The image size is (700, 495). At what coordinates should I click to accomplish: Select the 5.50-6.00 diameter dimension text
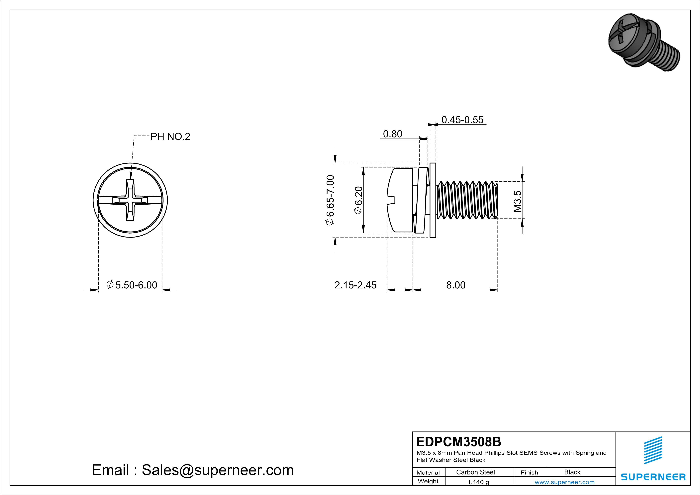pyautogui.click(x=132, y=285)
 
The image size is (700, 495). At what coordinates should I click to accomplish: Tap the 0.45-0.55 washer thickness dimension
pyautogui.click(x=462, y=120)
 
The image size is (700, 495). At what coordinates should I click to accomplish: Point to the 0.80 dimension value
pyautogui.click(x=392, y=134)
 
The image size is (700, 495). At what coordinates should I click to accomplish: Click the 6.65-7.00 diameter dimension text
pyautogui.click(x=330, y=200)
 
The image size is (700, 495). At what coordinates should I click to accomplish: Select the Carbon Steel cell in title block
pyautogui.click(x=475, y=472)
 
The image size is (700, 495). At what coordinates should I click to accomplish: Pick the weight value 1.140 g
pyautogui.click(x=478, y=482)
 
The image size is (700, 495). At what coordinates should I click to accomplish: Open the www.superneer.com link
pyautogui.click(x=564, y=482)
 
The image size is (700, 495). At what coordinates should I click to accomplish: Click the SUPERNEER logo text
pyautogui.click(x=653, y=477)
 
